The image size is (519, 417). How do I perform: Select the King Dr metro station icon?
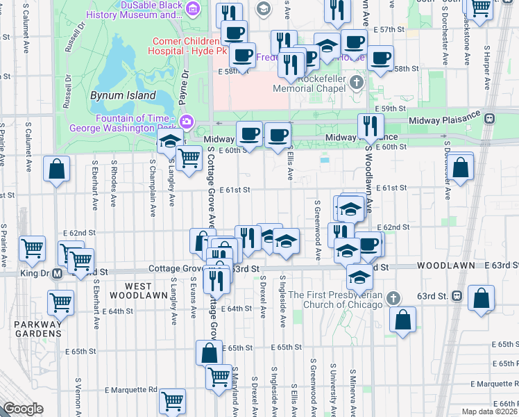click(58, 272)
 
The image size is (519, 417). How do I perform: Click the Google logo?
click(23, 409)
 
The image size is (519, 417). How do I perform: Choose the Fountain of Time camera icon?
click(187, 122)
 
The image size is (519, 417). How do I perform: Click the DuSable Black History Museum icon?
click(192, 9)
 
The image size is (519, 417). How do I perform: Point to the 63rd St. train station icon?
click(457, 295)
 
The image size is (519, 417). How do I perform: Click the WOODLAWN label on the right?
click(445, 265)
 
